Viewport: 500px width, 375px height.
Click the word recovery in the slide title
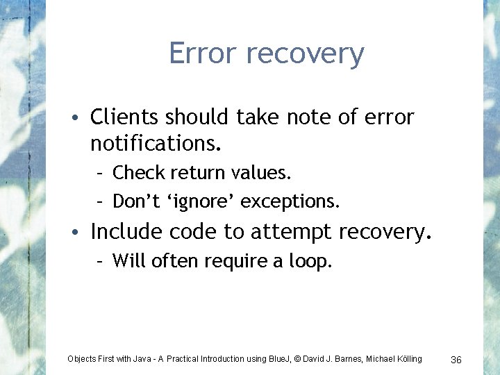(x=303, y=55)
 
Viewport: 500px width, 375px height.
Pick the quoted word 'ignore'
(x=202, y=201)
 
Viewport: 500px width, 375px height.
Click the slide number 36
(x=456, y=359)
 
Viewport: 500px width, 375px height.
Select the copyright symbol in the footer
(x=296, y=358)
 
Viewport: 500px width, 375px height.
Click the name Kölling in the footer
(x=406, y=358)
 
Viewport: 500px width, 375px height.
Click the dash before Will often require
(x=100, y=261)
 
